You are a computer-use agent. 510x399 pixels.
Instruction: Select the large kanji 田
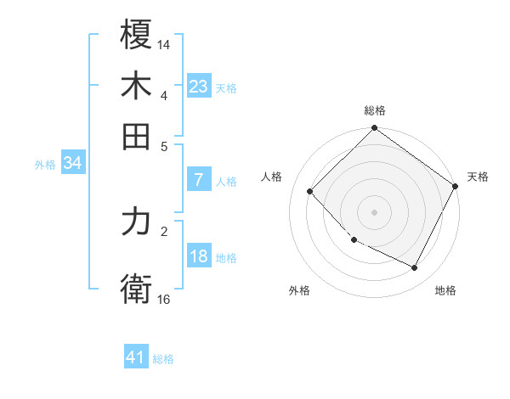pos(137,136)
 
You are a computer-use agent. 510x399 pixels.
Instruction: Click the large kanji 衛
pos(137,289)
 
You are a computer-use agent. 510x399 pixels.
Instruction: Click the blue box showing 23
pos(199,87)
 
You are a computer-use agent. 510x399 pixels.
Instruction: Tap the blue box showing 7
pos(199,180)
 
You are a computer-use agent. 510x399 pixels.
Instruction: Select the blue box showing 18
pos(199,256)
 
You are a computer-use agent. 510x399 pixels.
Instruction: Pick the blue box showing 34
pos(72,163)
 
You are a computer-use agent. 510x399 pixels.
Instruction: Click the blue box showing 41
pos(136,357)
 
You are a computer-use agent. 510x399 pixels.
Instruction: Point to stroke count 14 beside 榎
pos(164,44)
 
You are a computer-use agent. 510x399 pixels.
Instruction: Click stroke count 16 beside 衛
pos(164,299)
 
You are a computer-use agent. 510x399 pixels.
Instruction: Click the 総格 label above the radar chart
pos(375,110)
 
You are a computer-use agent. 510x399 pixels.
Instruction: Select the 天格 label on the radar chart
pos(478,177)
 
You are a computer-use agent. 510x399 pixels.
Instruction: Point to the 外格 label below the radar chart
pos(299,290)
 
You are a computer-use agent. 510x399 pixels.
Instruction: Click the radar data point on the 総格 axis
pos(375,129)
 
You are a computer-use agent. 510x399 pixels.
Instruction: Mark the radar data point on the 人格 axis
pos(310,191)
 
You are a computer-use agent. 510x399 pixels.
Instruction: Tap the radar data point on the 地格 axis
pos(415,267)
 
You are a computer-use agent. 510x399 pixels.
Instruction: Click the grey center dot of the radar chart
pos(375,211)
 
